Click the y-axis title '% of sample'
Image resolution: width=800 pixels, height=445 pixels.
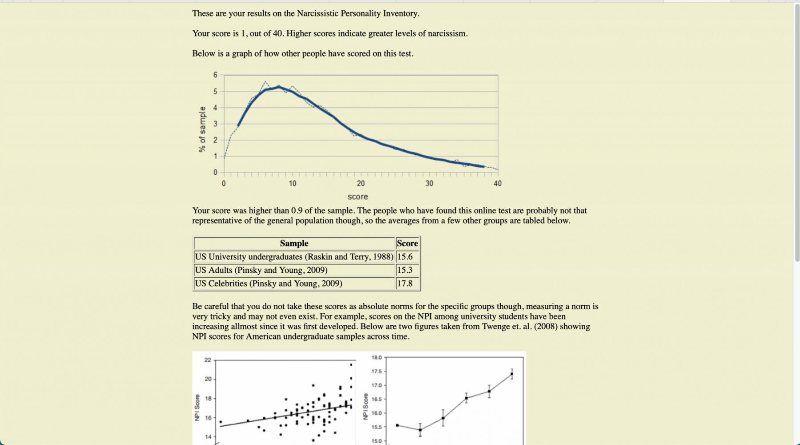(x=202, y=129)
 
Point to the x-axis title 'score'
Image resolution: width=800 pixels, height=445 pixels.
(x=358, y=197)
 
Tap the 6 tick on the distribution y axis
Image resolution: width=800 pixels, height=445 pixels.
(x=215, y=75)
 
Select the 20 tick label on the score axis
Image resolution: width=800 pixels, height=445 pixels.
(x=361, y=183)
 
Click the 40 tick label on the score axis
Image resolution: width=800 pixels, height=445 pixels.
(x=497, y=183)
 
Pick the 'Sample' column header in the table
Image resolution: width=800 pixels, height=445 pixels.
(x=294, y=243)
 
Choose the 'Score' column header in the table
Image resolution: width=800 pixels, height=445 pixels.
(x=407, y=243)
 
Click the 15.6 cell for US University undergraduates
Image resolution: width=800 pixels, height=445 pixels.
(x=405, y=257)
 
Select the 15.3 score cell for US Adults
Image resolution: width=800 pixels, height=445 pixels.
(x=405, y=270)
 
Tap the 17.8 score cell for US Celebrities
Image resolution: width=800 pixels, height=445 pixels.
(x=405, y=283)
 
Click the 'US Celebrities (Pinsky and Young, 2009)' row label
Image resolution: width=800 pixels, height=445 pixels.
(x=269, y=283)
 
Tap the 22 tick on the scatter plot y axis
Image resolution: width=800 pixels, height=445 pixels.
(x=208, y=360)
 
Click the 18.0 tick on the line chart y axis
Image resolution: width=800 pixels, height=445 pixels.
(x=376, y=357)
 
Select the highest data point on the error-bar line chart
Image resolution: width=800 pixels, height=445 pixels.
(x=512, y=374)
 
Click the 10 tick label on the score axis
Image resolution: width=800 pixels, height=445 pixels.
(x=292, y=183)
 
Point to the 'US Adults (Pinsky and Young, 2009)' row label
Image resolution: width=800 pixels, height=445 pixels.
(x=261, y=270)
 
